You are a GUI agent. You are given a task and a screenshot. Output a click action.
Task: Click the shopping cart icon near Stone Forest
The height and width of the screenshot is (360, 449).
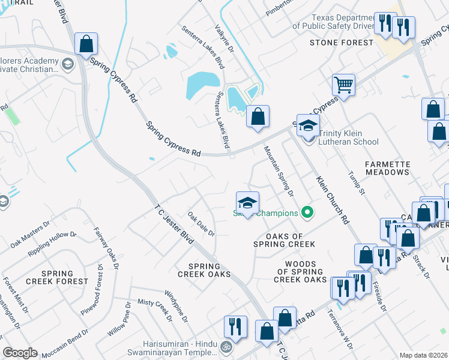coord(344,85)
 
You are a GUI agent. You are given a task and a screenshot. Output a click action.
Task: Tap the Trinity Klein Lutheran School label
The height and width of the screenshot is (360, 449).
coord(348,137)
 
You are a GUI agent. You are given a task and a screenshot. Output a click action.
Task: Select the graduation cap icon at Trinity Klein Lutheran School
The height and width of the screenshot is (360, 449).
coord(308,127)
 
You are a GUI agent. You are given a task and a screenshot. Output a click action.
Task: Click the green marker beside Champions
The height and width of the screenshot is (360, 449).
coord(307,212)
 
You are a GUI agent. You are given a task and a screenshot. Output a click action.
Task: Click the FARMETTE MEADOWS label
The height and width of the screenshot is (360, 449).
coord(387,168)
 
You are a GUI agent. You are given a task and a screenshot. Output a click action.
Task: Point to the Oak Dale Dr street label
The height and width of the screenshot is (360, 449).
coord(201,224)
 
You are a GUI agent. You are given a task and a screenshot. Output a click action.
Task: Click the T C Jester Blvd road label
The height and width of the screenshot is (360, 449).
coord(173,221)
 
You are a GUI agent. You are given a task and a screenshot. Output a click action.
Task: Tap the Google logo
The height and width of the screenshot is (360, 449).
coord(20,353)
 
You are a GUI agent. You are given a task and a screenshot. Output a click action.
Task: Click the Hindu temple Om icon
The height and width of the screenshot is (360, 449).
coord(227,347)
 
